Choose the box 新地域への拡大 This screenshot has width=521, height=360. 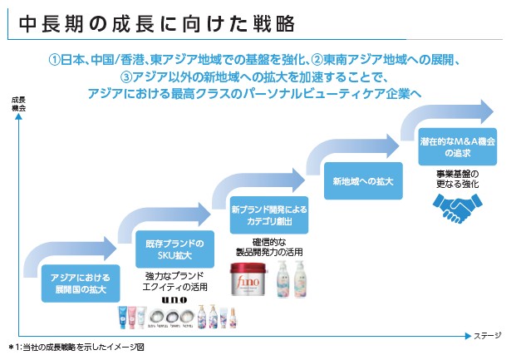tap(351, 180)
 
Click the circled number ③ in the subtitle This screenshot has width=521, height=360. tap(127, 76)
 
